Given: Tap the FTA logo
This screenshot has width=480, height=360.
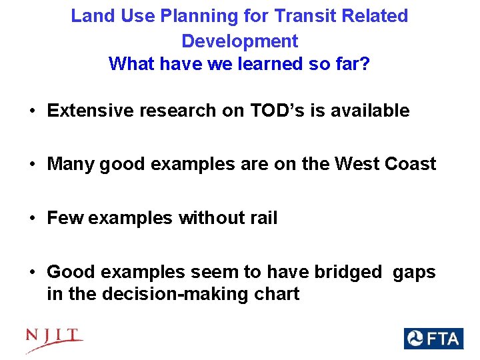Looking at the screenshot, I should (x=433, y=338).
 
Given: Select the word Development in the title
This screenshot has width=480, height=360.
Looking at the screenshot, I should (x=239, y=41).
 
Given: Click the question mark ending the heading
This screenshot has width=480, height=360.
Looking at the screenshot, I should (x=365, y=64).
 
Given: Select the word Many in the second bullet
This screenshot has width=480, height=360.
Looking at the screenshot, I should (x=71, y=164).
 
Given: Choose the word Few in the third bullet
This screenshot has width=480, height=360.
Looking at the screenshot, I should (x=65, y=218).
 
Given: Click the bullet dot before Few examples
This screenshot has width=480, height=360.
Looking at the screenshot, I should (x=32, y=219).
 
